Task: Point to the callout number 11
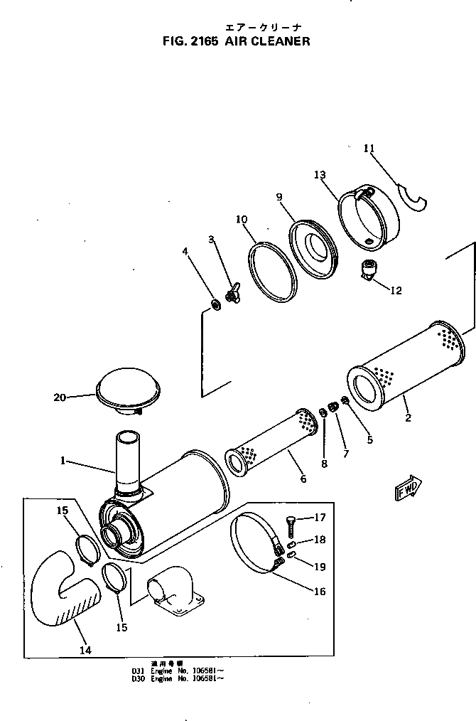(x=368, y=148)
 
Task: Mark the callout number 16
(x=319, y=591)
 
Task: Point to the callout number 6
(x=303, y=479)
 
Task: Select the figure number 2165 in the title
(x=202, y=42)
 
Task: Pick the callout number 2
(x=408, y=417)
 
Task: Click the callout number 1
(x=64, y=461)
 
